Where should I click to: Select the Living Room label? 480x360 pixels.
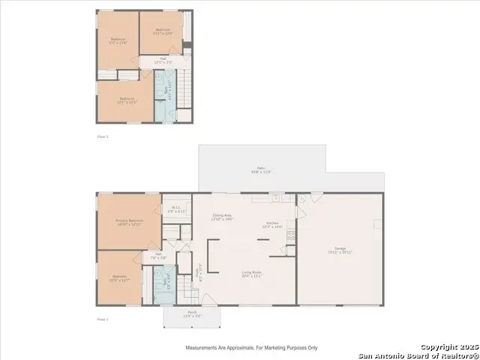coord(250,274)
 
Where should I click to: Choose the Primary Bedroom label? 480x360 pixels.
coord(130,221)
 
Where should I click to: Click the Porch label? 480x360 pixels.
coord(192,314)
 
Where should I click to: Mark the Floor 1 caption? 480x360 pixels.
coord(103,319)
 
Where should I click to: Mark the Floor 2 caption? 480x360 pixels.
coord(103,136)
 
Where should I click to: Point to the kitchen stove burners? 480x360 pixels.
coord(291,234)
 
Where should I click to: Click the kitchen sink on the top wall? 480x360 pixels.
coord(275,199)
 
